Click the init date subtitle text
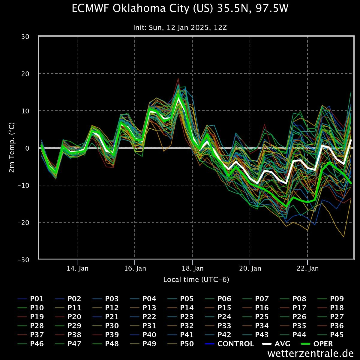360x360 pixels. point(180,28)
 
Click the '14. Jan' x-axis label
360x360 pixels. point(77,268)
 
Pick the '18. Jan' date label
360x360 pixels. point(193,268)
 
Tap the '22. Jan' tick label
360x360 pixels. point(308,268)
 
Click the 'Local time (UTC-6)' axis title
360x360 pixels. point(196,280)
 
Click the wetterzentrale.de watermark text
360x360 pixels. point(310,353)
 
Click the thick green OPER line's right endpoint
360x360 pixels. point(351,183)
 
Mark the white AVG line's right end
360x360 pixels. point(351,140)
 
